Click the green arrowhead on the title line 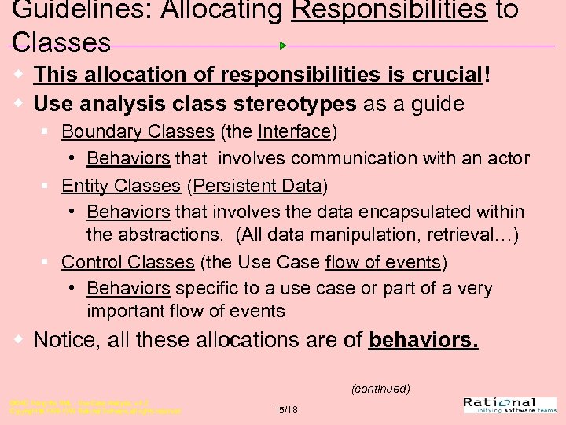tap(283, 46)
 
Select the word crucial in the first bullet tap(443, 75)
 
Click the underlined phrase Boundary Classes tap(138, 131)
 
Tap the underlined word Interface tap(294, 131)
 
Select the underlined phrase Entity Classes tap(121, 186)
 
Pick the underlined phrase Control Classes tap(127, 261)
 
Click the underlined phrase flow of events tap(383, 261)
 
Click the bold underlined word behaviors tap(423, 340)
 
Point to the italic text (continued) tap(380, 389)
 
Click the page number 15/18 tap(285, 409)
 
